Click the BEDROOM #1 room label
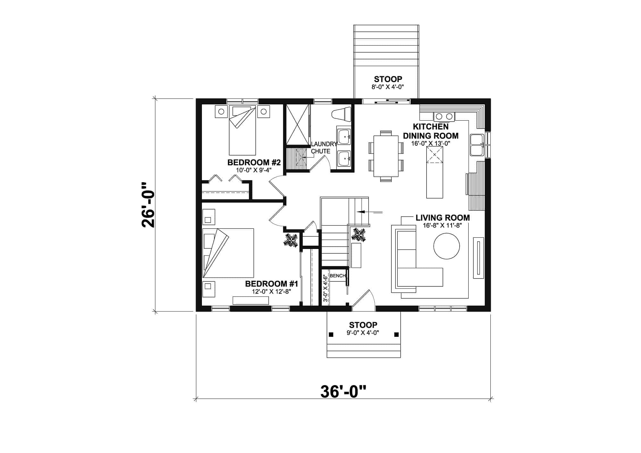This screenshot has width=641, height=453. pos(271,284)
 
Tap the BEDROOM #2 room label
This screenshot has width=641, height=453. pos(254,163)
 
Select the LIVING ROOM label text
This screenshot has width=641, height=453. pos(443,218)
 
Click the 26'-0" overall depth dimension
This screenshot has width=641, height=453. pos(148,205)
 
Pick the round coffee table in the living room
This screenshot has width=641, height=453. pos(446,246)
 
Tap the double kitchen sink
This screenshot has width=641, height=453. pos(477,145)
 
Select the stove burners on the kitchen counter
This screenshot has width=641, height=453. pos(444,116)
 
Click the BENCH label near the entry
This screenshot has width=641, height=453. pos(337,276)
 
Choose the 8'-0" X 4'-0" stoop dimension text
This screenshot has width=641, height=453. pos(388,87)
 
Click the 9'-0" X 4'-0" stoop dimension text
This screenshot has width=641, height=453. pos(363,333)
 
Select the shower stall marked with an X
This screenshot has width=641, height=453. pos(297,124)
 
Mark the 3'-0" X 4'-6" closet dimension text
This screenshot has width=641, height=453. pos(325,288)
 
